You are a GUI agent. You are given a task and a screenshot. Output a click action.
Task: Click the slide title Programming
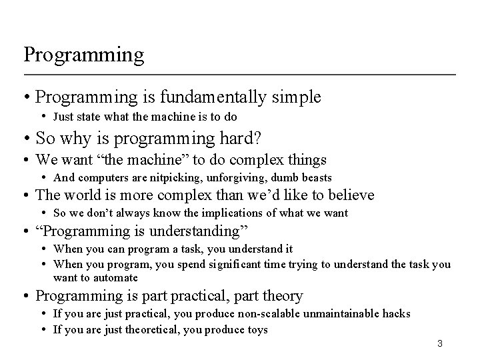pos(83,55)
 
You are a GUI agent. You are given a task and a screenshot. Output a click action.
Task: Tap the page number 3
pos(439,343)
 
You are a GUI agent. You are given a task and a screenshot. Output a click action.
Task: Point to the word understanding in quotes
pos(195,231)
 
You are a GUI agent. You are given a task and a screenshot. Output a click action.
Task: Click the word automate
pos(116,277)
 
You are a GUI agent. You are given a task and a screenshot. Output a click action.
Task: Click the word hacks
pos(396,313)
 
